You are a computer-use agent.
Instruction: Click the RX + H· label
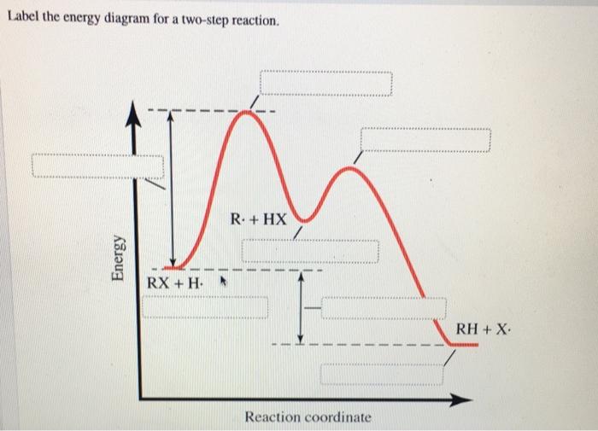[174, 282]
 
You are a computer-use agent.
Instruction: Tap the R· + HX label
[258, 218]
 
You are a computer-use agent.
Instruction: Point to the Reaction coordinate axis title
[308, 417]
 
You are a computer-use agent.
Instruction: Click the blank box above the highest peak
[325, 84]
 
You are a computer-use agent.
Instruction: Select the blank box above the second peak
[425, 140]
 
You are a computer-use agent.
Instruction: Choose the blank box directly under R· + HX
[309, 251]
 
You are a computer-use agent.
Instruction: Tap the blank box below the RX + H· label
[205, 307]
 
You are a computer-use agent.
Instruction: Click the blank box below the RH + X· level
[383, 374]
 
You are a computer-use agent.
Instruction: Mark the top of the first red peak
[246, 111]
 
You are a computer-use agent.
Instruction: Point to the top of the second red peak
[348, 168]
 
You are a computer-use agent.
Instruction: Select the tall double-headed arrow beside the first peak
[170, 188]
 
